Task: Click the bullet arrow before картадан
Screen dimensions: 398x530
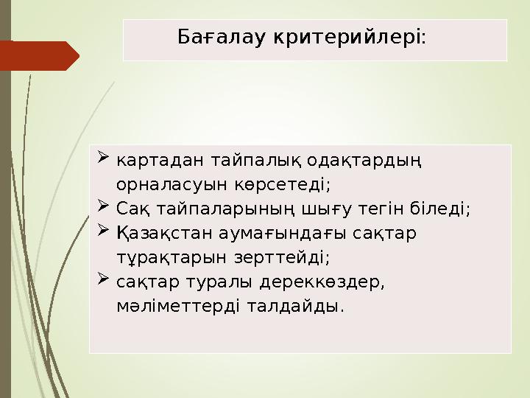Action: coord(103,156)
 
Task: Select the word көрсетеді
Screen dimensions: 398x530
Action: coord(284,184)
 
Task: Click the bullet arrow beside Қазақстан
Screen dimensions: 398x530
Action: coord(103,231)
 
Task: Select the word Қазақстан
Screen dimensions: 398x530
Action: coord(163,234)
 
